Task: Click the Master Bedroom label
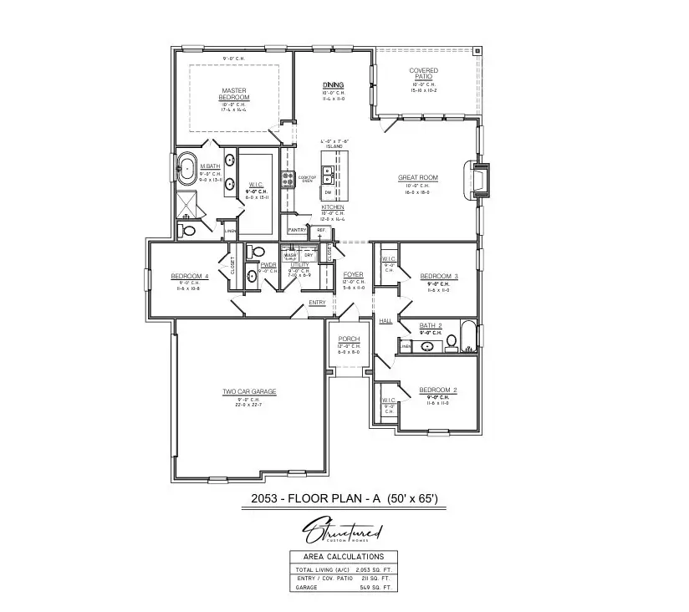pyautogui.click(x=235, y=94)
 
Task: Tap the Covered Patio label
pyautogui.click(x=424, y=74)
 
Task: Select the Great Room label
pyautogui.click(x=417, y=178)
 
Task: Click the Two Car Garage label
pyautogui.click(x=248, y=391)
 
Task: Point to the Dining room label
pyautogui.click(x=334, y=85)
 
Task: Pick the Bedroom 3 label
pyautogui.click(x=438, y=276)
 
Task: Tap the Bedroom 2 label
pyautogui.click(x=438, y=390)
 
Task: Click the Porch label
pyautogui.click(x=350, y=339)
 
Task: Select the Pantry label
pyautogui.click(x=297, y=230)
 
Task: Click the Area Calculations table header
pyautogui.click(x=344, y=556)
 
